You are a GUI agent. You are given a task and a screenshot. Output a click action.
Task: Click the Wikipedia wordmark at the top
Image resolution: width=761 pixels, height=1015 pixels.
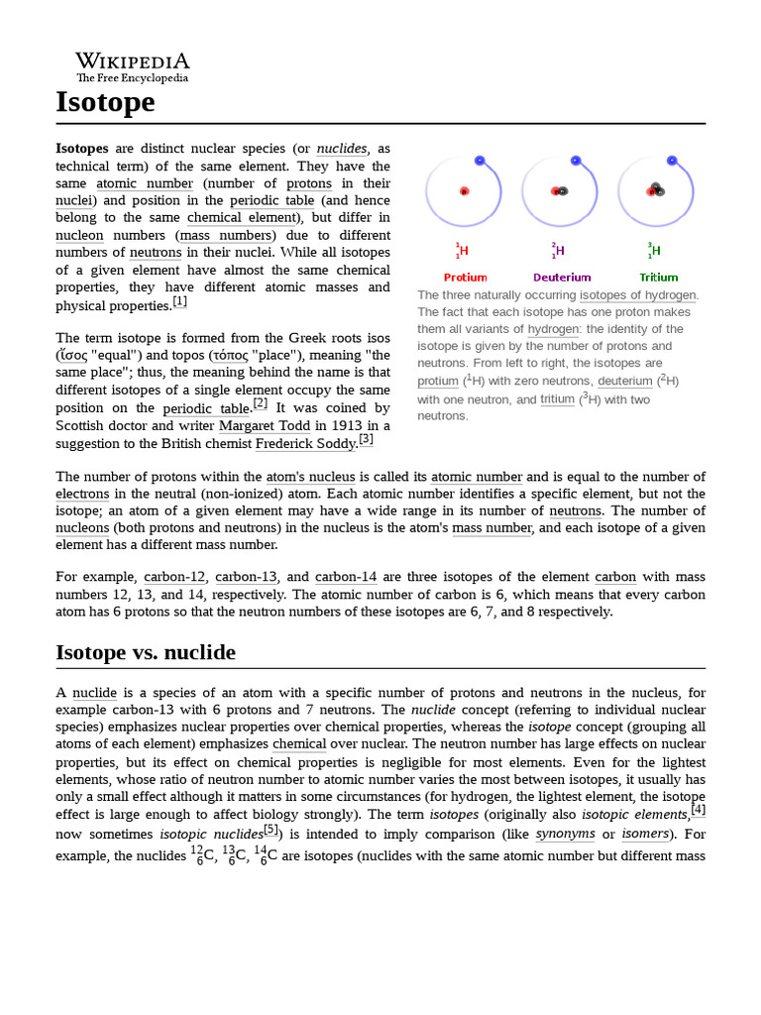133,61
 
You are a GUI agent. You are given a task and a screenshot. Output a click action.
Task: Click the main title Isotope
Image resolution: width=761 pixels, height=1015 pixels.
105,102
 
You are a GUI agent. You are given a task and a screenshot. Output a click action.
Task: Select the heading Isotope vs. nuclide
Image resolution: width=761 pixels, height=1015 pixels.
146,651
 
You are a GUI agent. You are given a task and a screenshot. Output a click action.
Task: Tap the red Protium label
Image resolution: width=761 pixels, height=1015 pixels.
465,278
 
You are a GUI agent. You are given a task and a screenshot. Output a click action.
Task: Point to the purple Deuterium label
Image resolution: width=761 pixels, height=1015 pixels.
562,278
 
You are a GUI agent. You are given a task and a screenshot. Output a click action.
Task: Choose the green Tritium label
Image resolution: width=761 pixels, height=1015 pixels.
658,278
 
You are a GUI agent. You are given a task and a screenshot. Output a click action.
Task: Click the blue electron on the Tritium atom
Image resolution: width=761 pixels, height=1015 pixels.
673,160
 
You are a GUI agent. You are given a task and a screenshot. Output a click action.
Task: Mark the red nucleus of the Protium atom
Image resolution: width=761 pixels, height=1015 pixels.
464,191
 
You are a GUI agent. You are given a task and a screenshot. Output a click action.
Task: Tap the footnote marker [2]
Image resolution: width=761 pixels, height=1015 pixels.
260,403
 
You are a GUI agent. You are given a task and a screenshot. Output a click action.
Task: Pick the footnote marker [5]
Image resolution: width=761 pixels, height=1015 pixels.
272,830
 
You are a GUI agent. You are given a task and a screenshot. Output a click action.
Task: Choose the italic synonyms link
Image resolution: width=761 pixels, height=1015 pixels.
565,834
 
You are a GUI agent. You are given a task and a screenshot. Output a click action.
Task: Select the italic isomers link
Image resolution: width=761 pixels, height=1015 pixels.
644,834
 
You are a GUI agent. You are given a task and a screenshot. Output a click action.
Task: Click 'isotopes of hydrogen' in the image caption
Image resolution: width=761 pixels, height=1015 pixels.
638,294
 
